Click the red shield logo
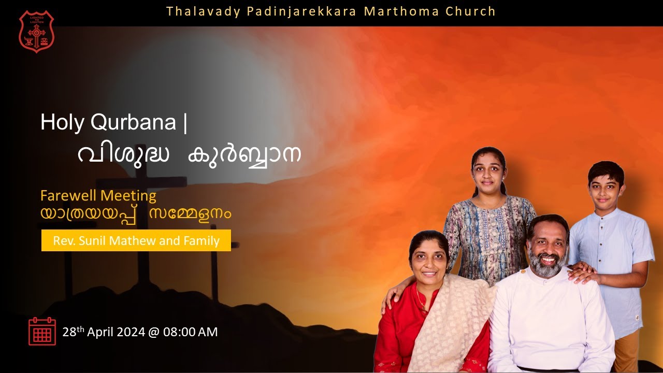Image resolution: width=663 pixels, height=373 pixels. [36, 32]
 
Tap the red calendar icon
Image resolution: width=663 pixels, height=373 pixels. [42, 331]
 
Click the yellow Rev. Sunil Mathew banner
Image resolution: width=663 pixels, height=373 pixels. [136, 240]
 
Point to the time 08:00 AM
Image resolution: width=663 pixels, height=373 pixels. [190, 332]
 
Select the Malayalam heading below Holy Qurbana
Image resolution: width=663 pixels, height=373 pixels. [190, 154]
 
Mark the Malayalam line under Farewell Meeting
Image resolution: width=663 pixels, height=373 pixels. [136, 213]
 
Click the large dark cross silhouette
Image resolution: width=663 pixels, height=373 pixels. [141, 218]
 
